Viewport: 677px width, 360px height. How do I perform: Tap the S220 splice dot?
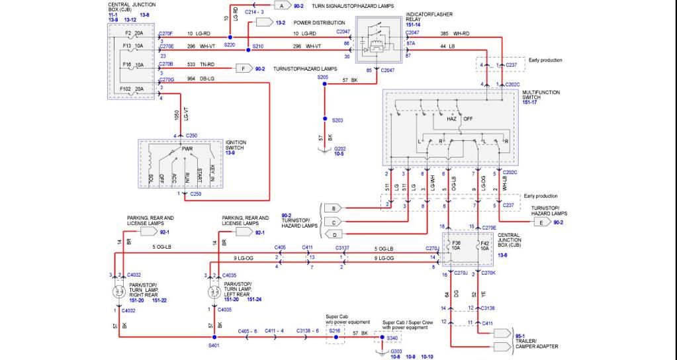(230, 38)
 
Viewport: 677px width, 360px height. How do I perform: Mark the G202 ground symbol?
(324, 150)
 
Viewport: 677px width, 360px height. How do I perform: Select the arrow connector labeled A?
(281, 6)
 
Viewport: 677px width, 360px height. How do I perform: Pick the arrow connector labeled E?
(541, 223)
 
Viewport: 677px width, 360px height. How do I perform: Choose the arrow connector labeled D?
(333, 234)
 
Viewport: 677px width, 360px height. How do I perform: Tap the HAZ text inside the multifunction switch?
(451, 119)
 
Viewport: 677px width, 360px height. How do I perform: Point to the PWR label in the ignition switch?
(187, 150)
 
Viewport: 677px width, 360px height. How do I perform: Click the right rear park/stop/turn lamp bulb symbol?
(120, 292)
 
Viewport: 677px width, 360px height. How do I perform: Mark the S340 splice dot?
(380, 338)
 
